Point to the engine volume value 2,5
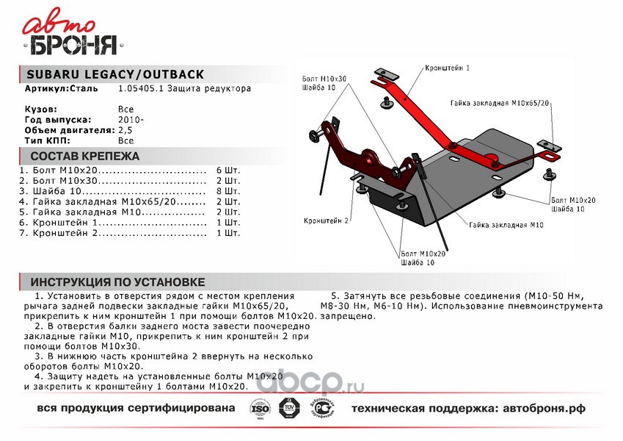(x=125, y=129)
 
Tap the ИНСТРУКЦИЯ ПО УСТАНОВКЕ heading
(x=118, y=282)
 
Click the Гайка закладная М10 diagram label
(x=506, y=225)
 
